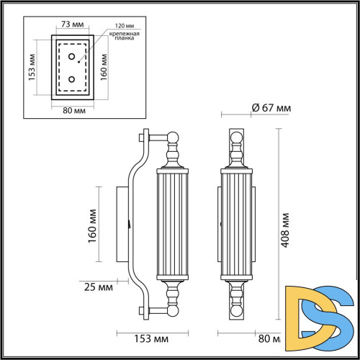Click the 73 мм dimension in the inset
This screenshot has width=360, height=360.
pyautogui.click(x=70, y=24)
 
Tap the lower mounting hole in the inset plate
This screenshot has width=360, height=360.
pyautogui.click(x=71, y=79)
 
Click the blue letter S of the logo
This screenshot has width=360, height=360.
pyautogui.click(x=335, y=310)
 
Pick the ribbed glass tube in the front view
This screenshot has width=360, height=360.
pyautogui.click(x=237, y=225)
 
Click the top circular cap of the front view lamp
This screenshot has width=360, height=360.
pyautogui.click(x=237, y=137)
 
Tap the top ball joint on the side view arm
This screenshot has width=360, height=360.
pyautogui.click(x=172, y=136)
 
